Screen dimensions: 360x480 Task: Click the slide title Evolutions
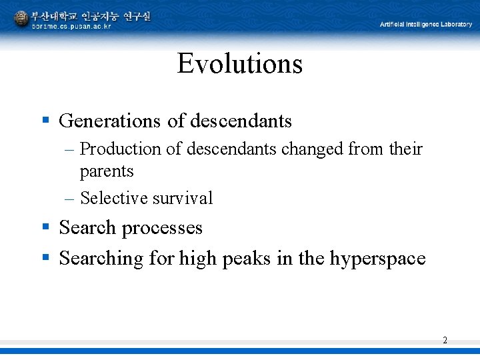(240, 64)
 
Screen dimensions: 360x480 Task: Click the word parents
(107, 171)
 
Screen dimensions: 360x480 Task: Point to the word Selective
(114, 198)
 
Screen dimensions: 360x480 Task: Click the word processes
(161, 228)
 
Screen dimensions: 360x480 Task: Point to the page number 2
(445, 341)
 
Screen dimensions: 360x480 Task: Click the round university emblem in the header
(21, 19)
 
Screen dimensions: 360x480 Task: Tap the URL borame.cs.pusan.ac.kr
(72, 27)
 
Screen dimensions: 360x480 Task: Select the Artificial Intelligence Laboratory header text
(425, 25)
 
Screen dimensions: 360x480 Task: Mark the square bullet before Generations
(46, 121)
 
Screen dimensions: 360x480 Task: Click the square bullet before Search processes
(46, 227)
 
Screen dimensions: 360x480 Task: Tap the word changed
(313, 149)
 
